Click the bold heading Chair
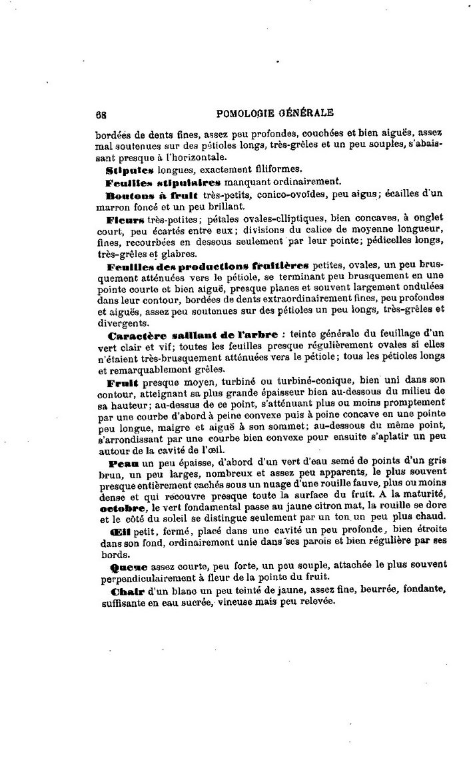(x=123, y=591)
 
